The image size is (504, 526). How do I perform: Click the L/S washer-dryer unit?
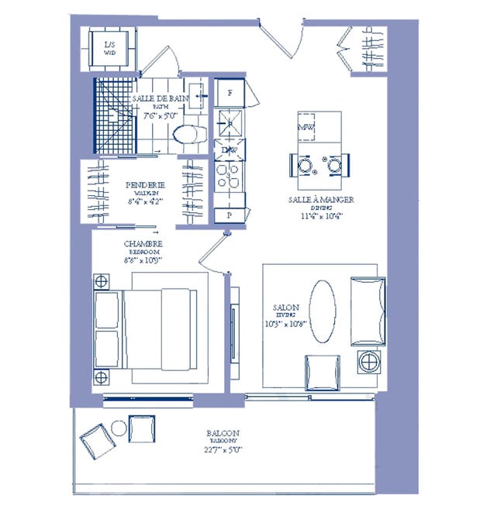pos(110,49)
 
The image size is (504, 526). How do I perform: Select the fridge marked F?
pos(230,93)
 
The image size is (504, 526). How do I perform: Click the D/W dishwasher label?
pos(230,150)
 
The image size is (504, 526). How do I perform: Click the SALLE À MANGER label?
pos(320,199)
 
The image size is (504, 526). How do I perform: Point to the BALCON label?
pos(223,433)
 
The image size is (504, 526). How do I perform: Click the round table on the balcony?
pos(119,428)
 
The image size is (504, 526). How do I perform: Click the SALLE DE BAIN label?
pos(161,100)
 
